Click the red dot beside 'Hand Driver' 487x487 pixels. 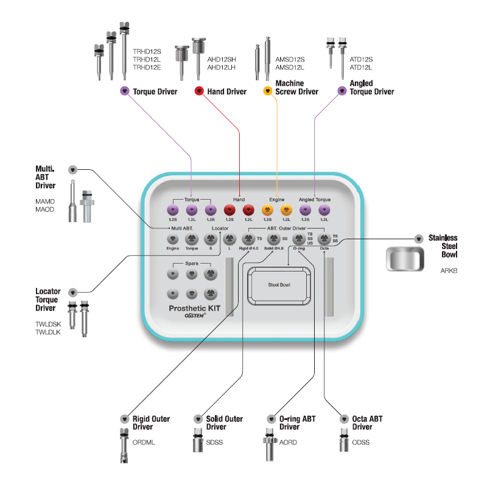198,91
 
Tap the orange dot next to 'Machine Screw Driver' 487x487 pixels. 267,91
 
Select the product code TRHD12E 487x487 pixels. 147,68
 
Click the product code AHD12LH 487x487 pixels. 222,68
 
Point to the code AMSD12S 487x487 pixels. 290,59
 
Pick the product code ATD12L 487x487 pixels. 361,68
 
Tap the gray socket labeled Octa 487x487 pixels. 324,239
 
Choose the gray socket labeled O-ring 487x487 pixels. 298,239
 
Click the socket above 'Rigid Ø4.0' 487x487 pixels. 248,239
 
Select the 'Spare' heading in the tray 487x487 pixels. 192,264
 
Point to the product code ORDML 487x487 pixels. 144,443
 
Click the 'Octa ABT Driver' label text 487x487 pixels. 367,422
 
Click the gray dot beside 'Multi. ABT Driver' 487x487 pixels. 73,169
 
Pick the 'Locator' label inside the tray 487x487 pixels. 220,228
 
